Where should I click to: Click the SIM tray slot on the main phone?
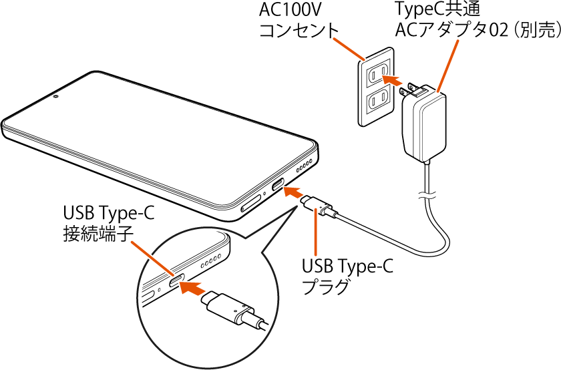click(252, 204)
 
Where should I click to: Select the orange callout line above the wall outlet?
click(348, 48)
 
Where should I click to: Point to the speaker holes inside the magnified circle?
click(208, 259)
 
